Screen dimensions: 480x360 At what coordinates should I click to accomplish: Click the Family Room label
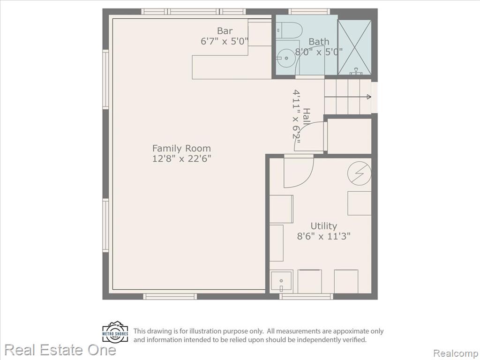[181, 149]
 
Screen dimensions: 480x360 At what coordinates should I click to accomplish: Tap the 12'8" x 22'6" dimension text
[181, 159]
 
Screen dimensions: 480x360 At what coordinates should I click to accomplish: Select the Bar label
[225, 30]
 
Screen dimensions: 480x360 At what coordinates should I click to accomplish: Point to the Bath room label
[319, 41]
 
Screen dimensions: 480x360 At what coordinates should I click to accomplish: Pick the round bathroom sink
[285, 58]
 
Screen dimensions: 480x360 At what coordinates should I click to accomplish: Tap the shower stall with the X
[354, 47]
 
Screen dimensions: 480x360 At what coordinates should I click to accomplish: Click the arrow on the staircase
[348, 97]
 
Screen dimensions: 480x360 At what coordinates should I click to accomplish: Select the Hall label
[307, 116]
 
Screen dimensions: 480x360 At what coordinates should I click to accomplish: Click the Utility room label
[323, 226]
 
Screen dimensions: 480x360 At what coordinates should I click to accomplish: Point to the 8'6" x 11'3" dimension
[323, 236]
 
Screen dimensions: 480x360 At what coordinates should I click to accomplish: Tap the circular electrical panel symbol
[360, 173]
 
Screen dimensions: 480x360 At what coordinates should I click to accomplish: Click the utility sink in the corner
[281, 281]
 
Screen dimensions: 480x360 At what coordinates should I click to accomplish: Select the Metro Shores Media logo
[115, 332]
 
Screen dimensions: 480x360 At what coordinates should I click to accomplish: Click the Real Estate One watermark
[60, 350]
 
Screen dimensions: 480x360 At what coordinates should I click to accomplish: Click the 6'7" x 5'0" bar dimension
[224, 41]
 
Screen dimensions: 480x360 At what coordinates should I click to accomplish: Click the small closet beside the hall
[349, 136]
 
